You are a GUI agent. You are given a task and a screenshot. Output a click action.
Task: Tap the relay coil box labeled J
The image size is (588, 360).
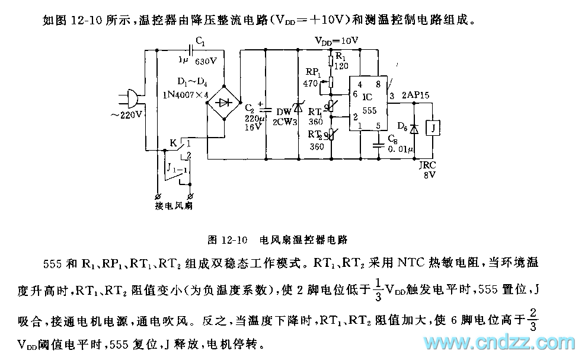pos(435,128)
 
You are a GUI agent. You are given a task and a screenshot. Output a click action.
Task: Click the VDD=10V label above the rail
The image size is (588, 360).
pos(336,41)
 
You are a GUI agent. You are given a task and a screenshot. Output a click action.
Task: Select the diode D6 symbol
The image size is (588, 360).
pos(414,128)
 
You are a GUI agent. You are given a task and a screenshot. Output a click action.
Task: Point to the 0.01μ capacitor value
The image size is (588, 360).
pos(401,150)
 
